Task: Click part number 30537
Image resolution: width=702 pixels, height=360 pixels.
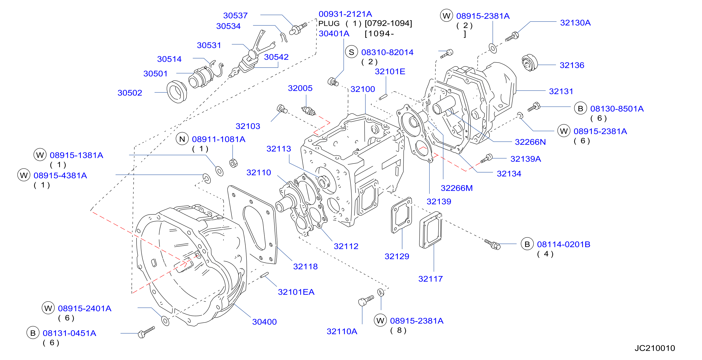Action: (x=235, y=16)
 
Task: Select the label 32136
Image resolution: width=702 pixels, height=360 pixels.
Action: (x=572, y=65)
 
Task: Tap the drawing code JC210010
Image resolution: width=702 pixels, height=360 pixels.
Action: (x=655, y=348)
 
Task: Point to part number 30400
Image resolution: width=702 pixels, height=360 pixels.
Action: (x=264, y=322)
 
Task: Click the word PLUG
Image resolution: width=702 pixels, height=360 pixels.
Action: (x=329, y=24)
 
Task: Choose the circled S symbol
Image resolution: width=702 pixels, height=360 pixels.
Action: (x=351, y=52)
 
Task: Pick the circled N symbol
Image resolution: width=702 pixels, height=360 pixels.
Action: (x=182, y=139)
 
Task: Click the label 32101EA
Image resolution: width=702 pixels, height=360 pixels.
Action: (x=296, y=292)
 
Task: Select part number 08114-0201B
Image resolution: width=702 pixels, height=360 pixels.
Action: (x=563, y=244)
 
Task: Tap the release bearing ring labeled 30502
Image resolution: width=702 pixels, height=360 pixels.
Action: (x=177, y=92)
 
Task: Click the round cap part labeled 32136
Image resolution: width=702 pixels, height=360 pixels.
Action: (x=529, y=63)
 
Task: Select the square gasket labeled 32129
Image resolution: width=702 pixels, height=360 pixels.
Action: (x=401, y=215)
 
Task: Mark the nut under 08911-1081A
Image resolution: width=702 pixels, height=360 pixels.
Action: (x=234, y=163)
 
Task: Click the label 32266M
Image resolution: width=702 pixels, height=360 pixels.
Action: (x=457, y=188)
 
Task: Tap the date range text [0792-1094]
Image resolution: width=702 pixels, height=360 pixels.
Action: (x=388, y=24)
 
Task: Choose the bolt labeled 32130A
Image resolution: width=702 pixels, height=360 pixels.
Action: (x=512, y=37)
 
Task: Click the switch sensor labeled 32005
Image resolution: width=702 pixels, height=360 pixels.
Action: (x=308, y=110)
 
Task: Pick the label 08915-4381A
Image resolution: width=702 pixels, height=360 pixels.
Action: (x=60, y=175)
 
